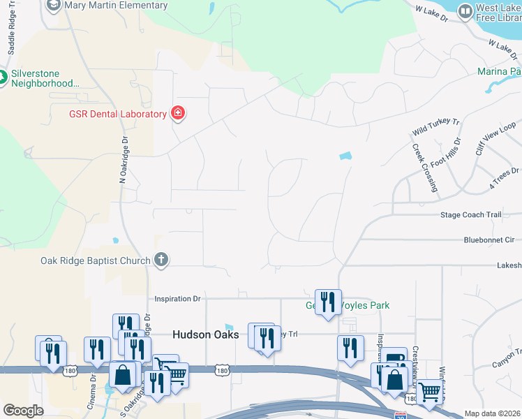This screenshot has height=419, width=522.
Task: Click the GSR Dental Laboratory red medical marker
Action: (x=177, y=113)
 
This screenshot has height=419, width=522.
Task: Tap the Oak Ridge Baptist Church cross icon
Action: (x=161, y=260)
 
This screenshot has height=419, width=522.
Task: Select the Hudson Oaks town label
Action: (x=206, y=335)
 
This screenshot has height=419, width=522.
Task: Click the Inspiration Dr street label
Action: (x=177, y=299)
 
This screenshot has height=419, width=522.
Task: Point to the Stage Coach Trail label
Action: (x=471, y=215)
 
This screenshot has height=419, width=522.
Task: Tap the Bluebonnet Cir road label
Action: (x=489, y=240)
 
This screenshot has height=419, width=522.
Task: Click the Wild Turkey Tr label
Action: (x=437, y=126)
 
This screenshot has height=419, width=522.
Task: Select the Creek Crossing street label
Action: (x=424, y=168)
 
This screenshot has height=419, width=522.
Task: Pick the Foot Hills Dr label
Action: (x=447, y=152)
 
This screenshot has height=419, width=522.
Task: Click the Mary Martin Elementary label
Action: (x=116, y=6)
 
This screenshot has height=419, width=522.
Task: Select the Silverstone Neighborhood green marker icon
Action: (x=3, y=78)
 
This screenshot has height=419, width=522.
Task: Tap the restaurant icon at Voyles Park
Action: (x=328, y=302)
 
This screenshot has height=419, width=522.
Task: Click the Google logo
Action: (x=23, y=411)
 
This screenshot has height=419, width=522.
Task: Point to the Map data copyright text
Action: (x=492, y=413)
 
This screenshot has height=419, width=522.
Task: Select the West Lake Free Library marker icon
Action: (x=465, y=10)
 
